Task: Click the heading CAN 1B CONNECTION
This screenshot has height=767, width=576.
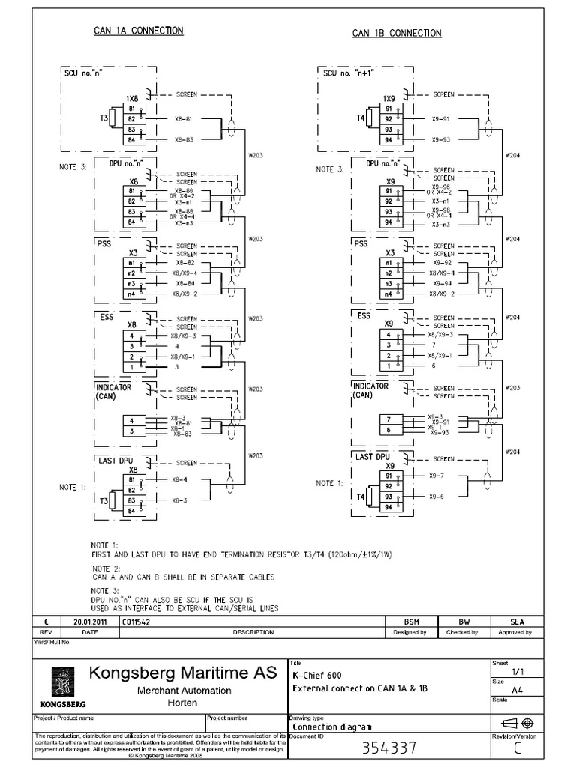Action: point(397,33)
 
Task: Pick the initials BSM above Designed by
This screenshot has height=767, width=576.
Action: point(410,622)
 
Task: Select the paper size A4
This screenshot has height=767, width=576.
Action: point(517,691)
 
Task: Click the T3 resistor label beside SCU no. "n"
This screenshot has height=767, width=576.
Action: point(103,118)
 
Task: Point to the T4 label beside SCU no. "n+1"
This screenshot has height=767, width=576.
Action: point(361,118)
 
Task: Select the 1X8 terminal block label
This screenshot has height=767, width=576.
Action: point(132,98)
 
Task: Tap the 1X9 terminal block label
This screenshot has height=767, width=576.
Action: point(388,98)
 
